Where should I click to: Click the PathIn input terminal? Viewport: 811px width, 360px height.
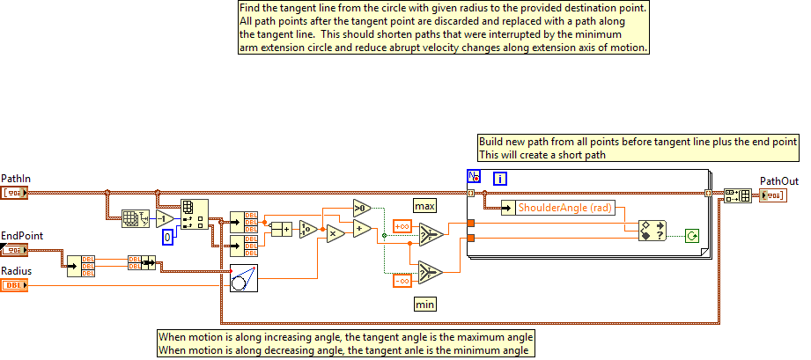(x=16, y=192)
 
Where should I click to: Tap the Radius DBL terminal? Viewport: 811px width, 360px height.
(x=16, y=284)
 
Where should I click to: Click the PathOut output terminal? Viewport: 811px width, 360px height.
(x=774, y=195)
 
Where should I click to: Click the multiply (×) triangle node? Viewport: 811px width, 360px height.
(x=334, y=234)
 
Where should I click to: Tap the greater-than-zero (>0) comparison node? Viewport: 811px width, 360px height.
(x=361, y=208)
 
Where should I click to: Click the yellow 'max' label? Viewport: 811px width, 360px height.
(x=425, y=205)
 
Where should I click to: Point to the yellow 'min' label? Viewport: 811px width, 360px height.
(x=425, y=304)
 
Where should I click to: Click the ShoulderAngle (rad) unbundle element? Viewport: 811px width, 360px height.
(x=564, y=208)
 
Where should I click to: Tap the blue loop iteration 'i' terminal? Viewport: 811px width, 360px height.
(x=500, y=179)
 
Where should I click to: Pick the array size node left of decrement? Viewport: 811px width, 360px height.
(x=134, y=218)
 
